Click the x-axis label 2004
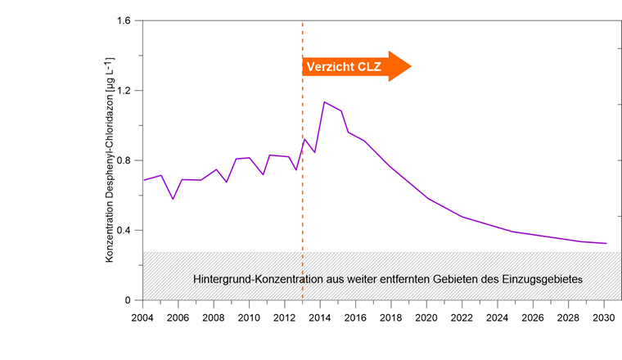pyautogui.click(x=143, y=317)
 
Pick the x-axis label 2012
pyautogui.click(x=284, y=317)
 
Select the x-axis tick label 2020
pyautogui.click(x=426, y=317)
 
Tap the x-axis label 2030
pyautogui.click(x=603, y=317)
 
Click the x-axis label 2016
pyautogui.click(x=355, y=317)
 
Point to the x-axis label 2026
pyautogui.click(x=533, y=317)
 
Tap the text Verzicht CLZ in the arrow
pyautogui.click(x=344, y=67)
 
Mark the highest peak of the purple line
pyautogui.click(x=324, y=102)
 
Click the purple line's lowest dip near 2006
pyautogui.click(x=173, y=199)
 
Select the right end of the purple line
pyautogui.click(x=606, y=243)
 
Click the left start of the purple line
pyautogui.click(x=144, y=180)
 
